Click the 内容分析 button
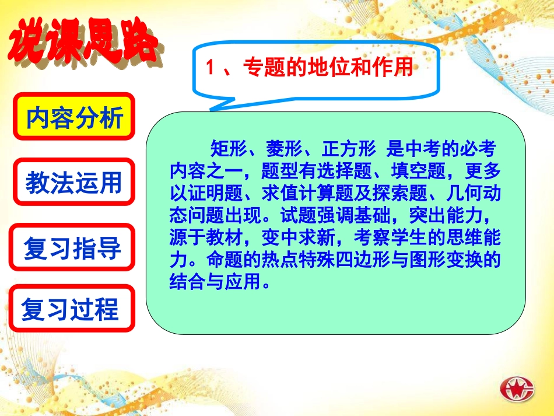74,117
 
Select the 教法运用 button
74,182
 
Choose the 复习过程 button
71,309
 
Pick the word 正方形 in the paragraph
348,151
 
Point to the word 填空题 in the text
420,170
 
